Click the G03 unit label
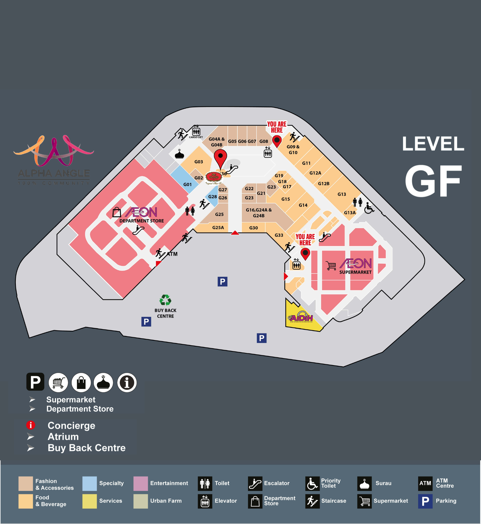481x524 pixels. (x=199, y=162)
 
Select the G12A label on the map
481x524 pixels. (x=315, y=173)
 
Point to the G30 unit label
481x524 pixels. (x=253, y=228)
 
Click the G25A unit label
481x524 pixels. (x=218, y=228)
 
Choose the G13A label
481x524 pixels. (x=350, y=213)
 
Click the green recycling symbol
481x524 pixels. (x=165, y=300)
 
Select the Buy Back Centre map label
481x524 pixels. (x=165, y=313)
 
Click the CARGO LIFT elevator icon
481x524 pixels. (x=196, y=132)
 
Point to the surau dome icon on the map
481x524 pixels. (x=179, y=154)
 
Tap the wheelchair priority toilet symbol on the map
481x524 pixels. (x=369, y=208)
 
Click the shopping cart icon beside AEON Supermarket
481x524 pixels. (x=331, y=265)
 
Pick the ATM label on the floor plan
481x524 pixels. (x=172, y=254)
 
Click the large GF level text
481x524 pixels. (x=433, y=181)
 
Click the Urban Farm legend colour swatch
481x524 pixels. (x=140, y=501)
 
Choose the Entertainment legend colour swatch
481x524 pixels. (x=140, y=483)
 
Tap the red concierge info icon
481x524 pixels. (x=31, y=425)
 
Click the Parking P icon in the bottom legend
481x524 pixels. (x=425, y=501)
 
